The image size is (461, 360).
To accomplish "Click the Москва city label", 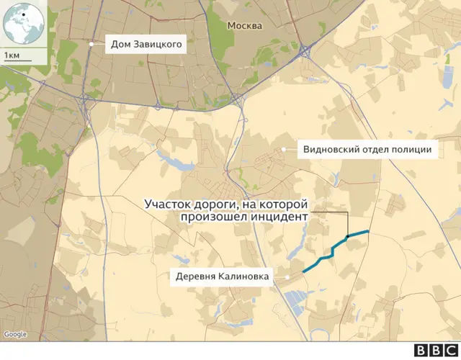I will point(244,26).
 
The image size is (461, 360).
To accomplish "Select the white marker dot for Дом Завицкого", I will point(91,45).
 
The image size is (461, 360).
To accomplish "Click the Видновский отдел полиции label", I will point(367,150).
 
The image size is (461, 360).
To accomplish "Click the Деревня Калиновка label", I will point(222,276).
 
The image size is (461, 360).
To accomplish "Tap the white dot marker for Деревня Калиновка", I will point(287,276).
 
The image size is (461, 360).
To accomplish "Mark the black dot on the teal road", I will point(347,236).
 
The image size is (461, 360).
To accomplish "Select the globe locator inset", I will point(23,23).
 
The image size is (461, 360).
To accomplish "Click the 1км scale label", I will point(12,55).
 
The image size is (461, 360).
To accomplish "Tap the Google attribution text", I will point(15,334).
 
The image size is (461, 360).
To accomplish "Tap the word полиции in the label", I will point(413,150).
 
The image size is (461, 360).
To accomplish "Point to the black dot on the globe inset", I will point(23,15).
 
